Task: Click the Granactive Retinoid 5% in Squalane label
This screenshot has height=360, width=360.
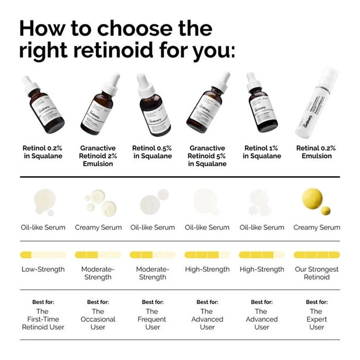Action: [207, 156]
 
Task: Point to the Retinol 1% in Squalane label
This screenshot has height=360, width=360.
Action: [262, 152]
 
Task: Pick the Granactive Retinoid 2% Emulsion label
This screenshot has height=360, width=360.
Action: [98, 156]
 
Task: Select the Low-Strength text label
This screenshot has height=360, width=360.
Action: [43, 270]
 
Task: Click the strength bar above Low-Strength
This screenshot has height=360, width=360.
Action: [43, 255]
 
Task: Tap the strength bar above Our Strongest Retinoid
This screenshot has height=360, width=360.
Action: [317, 255]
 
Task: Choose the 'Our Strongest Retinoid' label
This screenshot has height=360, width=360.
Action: [317, 273]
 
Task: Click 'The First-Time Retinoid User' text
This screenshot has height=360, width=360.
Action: [43, 319]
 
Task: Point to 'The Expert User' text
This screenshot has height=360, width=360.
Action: [317, 319]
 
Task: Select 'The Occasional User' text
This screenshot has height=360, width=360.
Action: [98, 319]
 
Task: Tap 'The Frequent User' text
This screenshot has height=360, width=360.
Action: [153, 319]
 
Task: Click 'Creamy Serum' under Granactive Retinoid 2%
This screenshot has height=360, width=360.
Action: [98, 227]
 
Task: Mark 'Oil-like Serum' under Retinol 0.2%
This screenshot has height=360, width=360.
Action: [43, 227]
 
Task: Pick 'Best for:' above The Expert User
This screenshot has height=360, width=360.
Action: [317, 302]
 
